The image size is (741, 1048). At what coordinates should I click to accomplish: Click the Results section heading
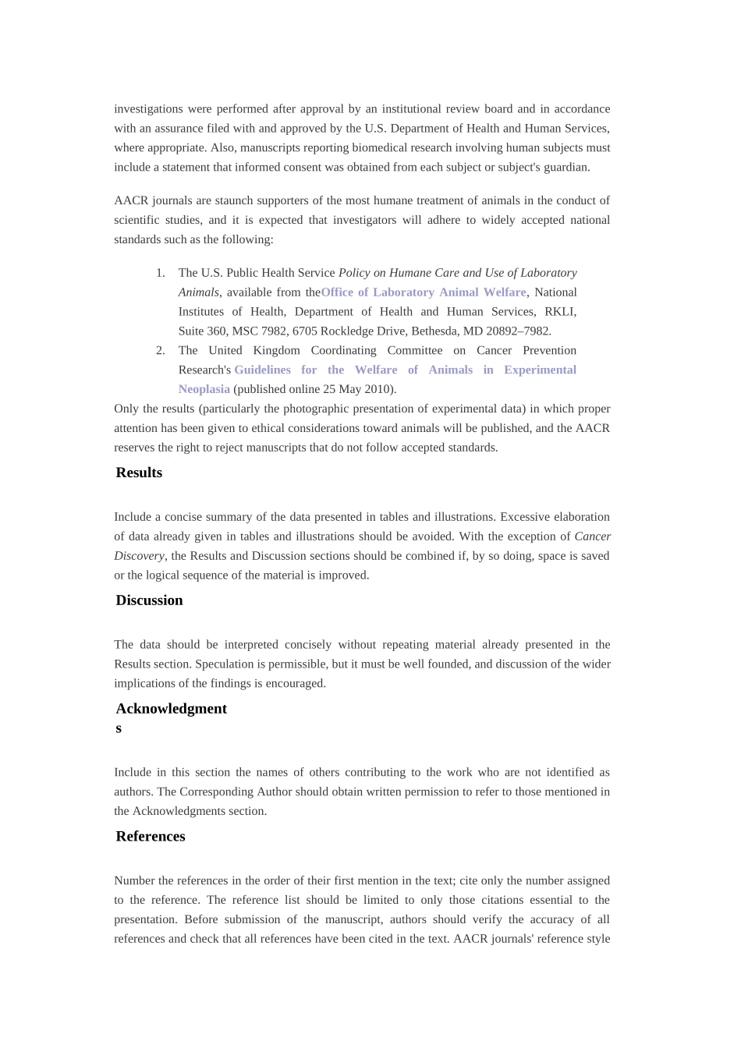pyautogui.click(x=139, y=473)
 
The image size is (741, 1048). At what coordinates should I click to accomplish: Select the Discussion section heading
pyautogui.click(x=149, y=600)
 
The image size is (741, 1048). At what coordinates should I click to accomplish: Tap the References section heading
pyautogui.click(x=151, y=837)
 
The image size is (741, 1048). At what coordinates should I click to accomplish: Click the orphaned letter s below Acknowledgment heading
pyautogui.click(x=119, y=728)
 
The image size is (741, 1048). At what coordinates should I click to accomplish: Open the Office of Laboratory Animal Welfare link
pyautogui.click(x=424, y=292)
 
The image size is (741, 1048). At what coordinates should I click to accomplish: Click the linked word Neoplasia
pyautogui.click(x=204, y=389)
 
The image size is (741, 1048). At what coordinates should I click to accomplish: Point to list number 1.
pyautogui.click(x=160, y=273)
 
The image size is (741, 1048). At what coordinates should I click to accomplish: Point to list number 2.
pyautogui.click(x=160, y=351)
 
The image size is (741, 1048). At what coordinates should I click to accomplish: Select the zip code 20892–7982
pyautogui.click(x=518, y=331)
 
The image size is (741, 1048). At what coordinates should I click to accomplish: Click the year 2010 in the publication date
pyautogui.click(x=379, y=389)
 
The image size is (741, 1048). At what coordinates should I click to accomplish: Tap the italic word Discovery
pyautogui.click(x=139, y=556)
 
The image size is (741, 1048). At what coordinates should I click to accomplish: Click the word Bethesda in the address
pyautogui.click(x=435, y=331)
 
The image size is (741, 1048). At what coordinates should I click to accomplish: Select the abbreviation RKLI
pyautogui.click(x=560, y=312)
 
